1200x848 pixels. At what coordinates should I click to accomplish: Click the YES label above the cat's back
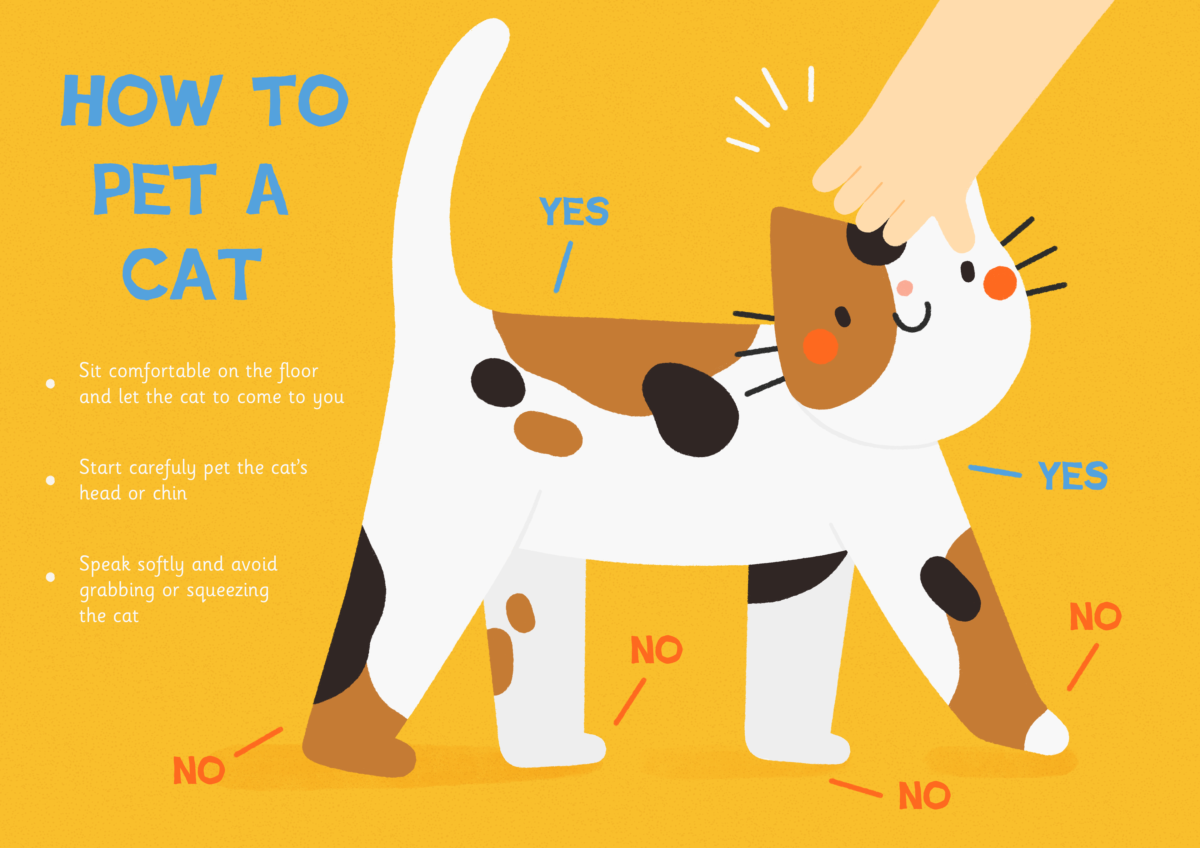[x=574, y=211]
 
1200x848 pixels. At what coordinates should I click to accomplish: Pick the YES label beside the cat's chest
[x=1072, y=475]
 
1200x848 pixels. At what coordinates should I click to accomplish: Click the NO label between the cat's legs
[x=657, y=649]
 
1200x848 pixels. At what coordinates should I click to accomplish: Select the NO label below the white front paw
[x=924, y=795]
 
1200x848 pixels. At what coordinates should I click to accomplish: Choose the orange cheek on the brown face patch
[x=821, y=346]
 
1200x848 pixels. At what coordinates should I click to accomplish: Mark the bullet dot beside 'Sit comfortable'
[x=51, y=384]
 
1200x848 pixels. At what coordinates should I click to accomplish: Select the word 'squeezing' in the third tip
[x=227, y=591]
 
